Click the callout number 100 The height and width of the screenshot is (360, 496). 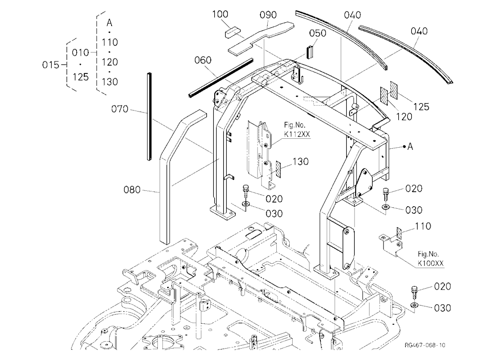tap(220, 14)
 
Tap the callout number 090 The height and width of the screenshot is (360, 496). tap(268, 15)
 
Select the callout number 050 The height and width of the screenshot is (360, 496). tap(317, 33)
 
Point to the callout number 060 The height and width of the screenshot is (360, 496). tap(203, 60)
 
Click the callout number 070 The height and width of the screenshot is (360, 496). tap(120, 109)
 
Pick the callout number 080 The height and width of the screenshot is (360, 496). tap(132, 190)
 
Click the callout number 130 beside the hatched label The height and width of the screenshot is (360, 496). tap(300, 162)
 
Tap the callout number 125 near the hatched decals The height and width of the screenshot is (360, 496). tap(421, 107)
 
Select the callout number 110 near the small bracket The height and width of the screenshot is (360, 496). tap(423, 226)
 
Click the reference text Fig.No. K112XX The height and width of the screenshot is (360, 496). tap(297, 130)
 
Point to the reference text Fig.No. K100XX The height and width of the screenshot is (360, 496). tap(431, 258)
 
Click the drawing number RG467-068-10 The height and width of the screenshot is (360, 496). tap(425, 345)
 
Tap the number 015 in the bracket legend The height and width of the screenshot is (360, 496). tap(51, 65)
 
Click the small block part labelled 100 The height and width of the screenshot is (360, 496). tap(233, 32)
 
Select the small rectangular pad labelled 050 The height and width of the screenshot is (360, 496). tap(310, 52)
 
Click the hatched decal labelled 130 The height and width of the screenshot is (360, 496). tap(278, 169)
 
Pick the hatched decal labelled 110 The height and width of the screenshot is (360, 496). tap(399, 234)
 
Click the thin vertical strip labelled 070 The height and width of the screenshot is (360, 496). tap(149, 117)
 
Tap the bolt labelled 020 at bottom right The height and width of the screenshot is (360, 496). tap(414, 293)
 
